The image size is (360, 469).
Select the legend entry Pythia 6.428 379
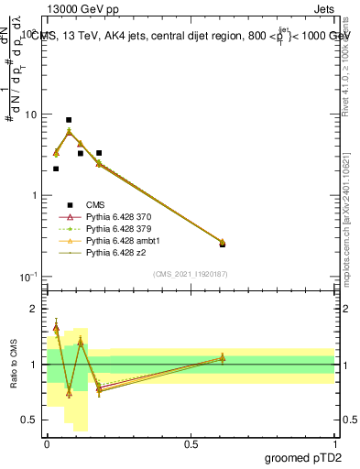point(118,228)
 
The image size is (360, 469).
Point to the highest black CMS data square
point(69,120)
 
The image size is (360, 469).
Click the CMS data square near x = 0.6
point(223,244)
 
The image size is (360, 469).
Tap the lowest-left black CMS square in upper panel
point(56,169)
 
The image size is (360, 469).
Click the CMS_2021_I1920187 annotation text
point(191,274)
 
